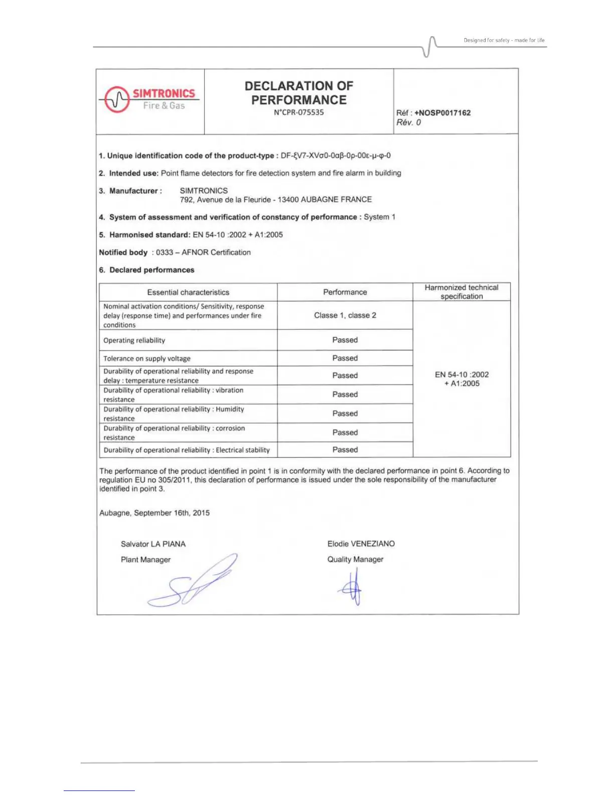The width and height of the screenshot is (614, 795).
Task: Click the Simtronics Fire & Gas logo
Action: pyautogui.click(x=150, y=99)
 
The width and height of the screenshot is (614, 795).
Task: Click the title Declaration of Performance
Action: pyautogui.click(x=299, y=93)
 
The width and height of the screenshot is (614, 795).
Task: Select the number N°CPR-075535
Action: pyautogui.click(x=299, y=112)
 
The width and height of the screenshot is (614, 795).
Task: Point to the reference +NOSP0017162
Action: pyautogui.click(x=442, y=113)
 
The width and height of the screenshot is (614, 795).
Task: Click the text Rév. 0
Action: pyautogui.click(x=409, y=122)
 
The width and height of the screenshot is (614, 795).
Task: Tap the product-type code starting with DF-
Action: pyautogui.click(x=336, y=156)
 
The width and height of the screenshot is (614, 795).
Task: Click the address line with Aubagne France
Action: pyautogui.click(x=276, y=200)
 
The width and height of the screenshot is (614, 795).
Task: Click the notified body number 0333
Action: pyautogui.click(x=165, y=252)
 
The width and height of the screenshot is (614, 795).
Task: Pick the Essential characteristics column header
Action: pyautogui.click(x=188, y=292)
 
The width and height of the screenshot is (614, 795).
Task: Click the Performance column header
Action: pyautogui.click(x=345, y=292)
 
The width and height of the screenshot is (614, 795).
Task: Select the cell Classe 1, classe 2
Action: pyautogui.click(x=345, y=315)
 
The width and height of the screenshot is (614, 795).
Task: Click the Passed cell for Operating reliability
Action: pyautogui.click(x=345, y=340)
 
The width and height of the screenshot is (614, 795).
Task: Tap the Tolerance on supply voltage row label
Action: pyautogui.click(x=147, y=358)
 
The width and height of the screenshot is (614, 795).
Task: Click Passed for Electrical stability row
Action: pyautogui.click(x=345, y=450)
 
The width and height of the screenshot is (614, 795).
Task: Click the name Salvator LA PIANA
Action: pyautogui.click(x=153, y=544)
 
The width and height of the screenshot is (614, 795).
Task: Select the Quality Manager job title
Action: pyautogui.click(x=355, y=559)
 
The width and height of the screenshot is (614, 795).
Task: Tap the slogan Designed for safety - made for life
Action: pyautogui.click(x=504, y=40)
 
